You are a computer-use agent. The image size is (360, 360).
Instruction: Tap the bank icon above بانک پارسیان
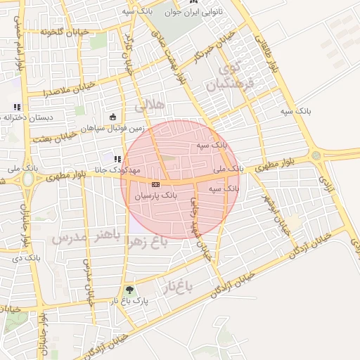155,184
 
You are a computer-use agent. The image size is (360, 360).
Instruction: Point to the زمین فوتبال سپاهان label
112,129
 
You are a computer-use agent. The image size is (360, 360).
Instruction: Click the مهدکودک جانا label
118,171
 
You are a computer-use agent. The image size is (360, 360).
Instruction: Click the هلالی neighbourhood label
149,105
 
